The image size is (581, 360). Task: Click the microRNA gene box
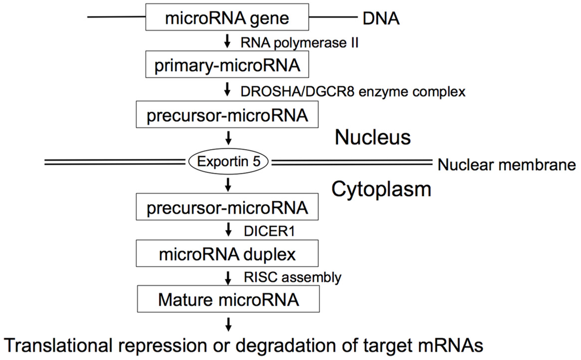click(227, 18)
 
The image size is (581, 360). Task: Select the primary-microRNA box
click(227, 66)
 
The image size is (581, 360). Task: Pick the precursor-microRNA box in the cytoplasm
click(227, 207)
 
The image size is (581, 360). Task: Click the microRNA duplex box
click(227, 254)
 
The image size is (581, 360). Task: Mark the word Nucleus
click(372, 137)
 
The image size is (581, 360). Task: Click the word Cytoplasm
click(381, 188)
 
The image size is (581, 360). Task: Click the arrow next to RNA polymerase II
click(228, 43)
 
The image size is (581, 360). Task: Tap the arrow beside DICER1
click(228, 231)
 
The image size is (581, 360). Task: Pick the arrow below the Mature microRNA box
click(228, 324)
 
